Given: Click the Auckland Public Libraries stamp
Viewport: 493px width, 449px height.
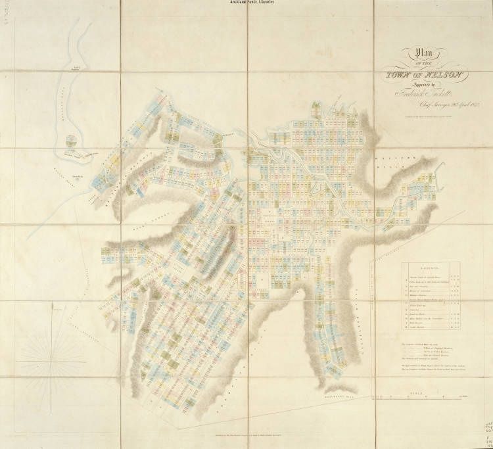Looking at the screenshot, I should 246,3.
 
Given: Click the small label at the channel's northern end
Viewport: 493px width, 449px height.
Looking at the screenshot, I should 77,68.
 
